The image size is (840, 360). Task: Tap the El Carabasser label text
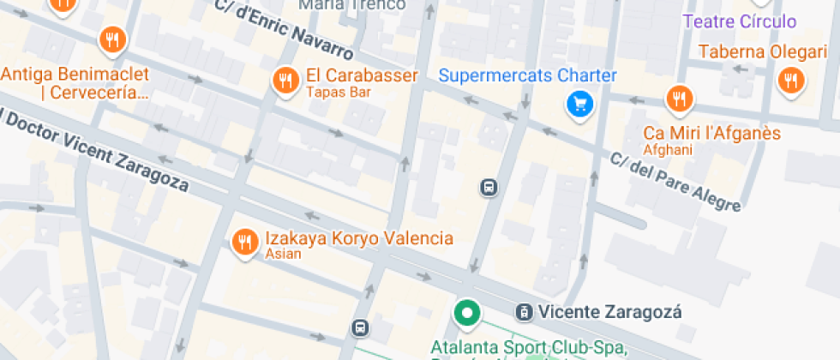[362, 75]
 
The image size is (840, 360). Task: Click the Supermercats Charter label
[527, 75]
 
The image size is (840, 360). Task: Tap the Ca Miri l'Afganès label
[712, 133]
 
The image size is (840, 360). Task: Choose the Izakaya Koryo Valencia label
[358, 237]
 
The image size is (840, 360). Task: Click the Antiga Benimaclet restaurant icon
[111, 39]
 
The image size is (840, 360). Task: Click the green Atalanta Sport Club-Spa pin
[467, 313]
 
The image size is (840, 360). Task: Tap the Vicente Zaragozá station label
[609, 312]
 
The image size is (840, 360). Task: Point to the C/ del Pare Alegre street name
[675, 181]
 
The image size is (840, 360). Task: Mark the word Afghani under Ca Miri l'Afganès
[667, 150]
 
